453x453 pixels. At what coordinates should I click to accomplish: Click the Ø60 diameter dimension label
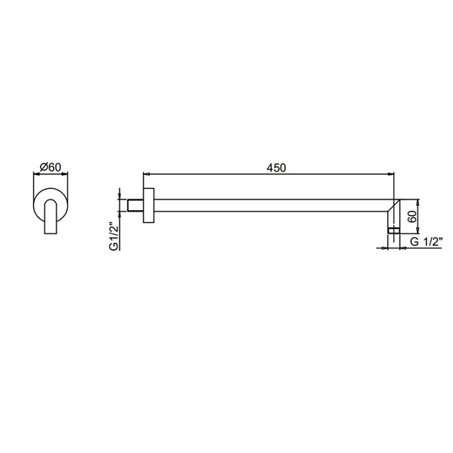(x=51, y=167)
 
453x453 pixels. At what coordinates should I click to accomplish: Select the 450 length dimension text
(x=276, y=168)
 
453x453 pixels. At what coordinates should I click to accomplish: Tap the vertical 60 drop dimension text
(x=412, y=216)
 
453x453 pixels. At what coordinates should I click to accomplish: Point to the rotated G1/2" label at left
(x=114, y=236)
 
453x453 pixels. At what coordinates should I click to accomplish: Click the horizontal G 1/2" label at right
(x=426, y=242)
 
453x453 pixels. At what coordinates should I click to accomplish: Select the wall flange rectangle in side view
(x=148, y=206)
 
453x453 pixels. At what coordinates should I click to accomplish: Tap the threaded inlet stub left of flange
(x=135, y=206)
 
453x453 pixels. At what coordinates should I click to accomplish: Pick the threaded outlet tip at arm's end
(x=393, y=230)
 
